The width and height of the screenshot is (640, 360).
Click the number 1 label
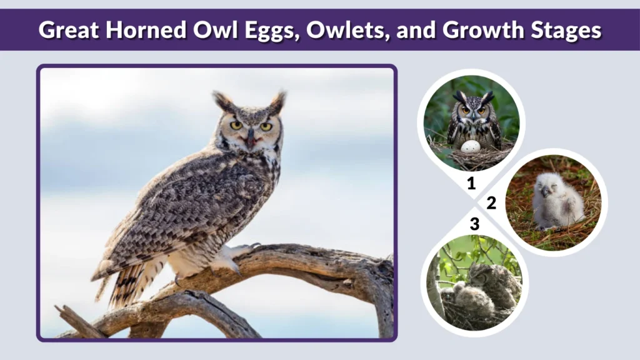tap(471, 183)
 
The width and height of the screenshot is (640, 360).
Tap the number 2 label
tap(491, 203)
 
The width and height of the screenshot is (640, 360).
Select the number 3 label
tap(474, 224)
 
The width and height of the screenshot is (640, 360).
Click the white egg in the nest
tap(470, 146)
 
